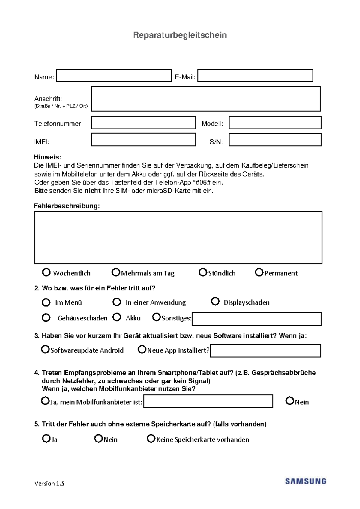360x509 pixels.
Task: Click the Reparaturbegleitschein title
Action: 180,35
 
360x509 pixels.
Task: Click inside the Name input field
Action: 114,76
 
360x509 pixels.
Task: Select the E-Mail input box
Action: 255,76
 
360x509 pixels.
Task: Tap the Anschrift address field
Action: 206,99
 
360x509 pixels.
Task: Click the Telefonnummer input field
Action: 143,123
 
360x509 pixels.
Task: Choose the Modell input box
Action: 275,123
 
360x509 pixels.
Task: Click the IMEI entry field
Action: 143,140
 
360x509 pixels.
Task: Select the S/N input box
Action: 275,140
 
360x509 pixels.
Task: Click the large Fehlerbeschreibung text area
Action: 178,238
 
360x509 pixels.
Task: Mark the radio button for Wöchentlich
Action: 46,272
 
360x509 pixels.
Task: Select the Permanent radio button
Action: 259,272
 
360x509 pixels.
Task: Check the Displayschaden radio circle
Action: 215,301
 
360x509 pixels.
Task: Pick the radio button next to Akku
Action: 117,317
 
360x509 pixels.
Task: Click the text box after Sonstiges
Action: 256,319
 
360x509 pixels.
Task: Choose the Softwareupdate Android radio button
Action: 45,349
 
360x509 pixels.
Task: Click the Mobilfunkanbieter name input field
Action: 208,401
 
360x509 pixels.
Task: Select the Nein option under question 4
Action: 289,401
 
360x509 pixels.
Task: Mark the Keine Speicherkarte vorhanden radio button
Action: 151,439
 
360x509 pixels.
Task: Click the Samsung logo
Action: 305,481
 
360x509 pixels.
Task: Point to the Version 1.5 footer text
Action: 49,483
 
